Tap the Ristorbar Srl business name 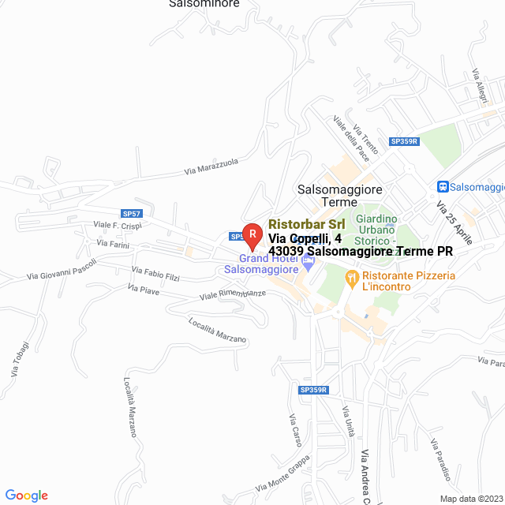306,224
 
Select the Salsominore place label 204,4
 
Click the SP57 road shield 132,213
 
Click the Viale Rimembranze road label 233,294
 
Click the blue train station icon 443,186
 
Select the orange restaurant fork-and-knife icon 351,278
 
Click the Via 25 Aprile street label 454,222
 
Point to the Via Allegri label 481,84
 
